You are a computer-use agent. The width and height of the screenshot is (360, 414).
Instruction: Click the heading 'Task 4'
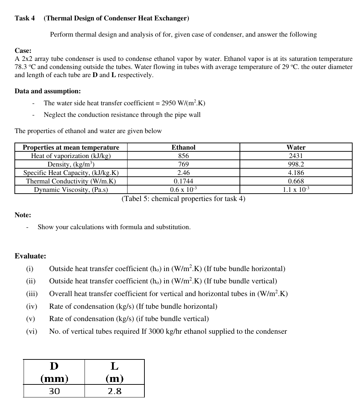25,18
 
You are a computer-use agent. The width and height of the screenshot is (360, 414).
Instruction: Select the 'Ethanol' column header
183,147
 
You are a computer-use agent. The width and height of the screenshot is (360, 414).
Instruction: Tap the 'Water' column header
296,147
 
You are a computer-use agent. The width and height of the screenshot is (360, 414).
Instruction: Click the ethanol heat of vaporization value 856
183,156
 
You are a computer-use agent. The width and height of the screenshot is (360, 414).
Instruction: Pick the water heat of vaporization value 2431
296,156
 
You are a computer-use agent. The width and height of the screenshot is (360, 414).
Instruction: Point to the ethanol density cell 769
183,164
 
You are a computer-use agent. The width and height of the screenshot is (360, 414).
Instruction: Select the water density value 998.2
296,164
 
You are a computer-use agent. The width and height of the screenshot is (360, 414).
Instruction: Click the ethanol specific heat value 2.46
183,172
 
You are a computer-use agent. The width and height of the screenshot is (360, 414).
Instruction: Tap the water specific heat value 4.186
296,172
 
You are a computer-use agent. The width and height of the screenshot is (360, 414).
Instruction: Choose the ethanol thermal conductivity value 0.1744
183,181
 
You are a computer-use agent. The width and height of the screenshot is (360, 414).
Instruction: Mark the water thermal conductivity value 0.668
296,181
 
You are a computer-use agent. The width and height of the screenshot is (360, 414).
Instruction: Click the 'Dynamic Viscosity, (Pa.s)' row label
71,190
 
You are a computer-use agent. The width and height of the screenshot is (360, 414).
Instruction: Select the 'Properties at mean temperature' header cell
71,147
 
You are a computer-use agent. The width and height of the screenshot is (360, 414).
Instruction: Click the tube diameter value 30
54,391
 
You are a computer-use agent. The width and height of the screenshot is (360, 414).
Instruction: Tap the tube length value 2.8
114,391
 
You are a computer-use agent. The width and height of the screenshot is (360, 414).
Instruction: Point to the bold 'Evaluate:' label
30,256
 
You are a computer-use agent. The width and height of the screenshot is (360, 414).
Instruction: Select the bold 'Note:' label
23,215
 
